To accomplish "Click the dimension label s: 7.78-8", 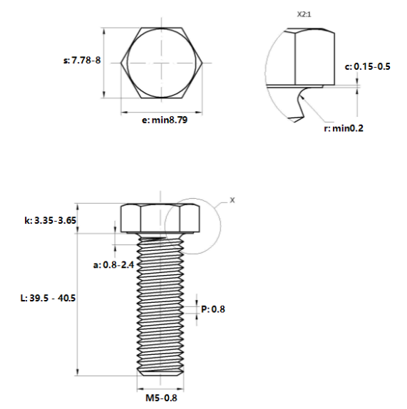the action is (x=82, y=61).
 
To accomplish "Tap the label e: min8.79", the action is (x=165, y=120).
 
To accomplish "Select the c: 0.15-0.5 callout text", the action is (x=368, y=66).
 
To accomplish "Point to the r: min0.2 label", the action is (x=344, y=128).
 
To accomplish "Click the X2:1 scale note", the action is (x=304, y=14).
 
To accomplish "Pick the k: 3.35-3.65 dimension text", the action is (x=51, y=220).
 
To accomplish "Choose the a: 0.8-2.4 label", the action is (x=113, y=265).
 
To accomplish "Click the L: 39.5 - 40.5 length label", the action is (x=48, y=298).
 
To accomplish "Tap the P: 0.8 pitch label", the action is (x=213, y=309).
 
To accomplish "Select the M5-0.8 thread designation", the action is (x=161, y=398).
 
